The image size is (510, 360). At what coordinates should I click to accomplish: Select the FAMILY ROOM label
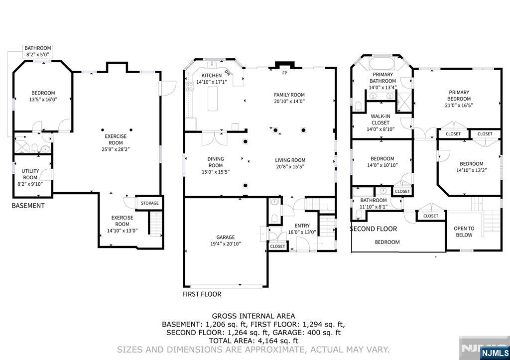289,95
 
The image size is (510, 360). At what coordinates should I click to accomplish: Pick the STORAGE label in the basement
149,203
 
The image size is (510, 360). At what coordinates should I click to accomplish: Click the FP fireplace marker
285,73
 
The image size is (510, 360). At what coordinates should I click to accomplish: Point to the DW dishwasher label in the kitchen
228,73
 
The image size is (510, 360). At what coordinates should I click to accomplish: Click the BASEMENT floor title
28,206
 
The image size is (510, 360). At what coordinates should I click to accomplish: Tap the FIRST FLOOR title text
202,294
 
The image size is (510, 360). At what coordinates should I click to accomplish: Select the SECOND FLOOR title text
373,229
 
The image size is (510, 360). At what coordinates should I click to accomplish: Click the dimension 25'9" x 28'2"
116,149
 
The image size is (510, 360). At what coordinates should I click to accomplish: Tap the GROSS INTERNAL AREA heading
253,316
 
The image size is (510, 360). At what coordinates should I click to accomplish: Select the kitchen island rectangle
213,98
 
